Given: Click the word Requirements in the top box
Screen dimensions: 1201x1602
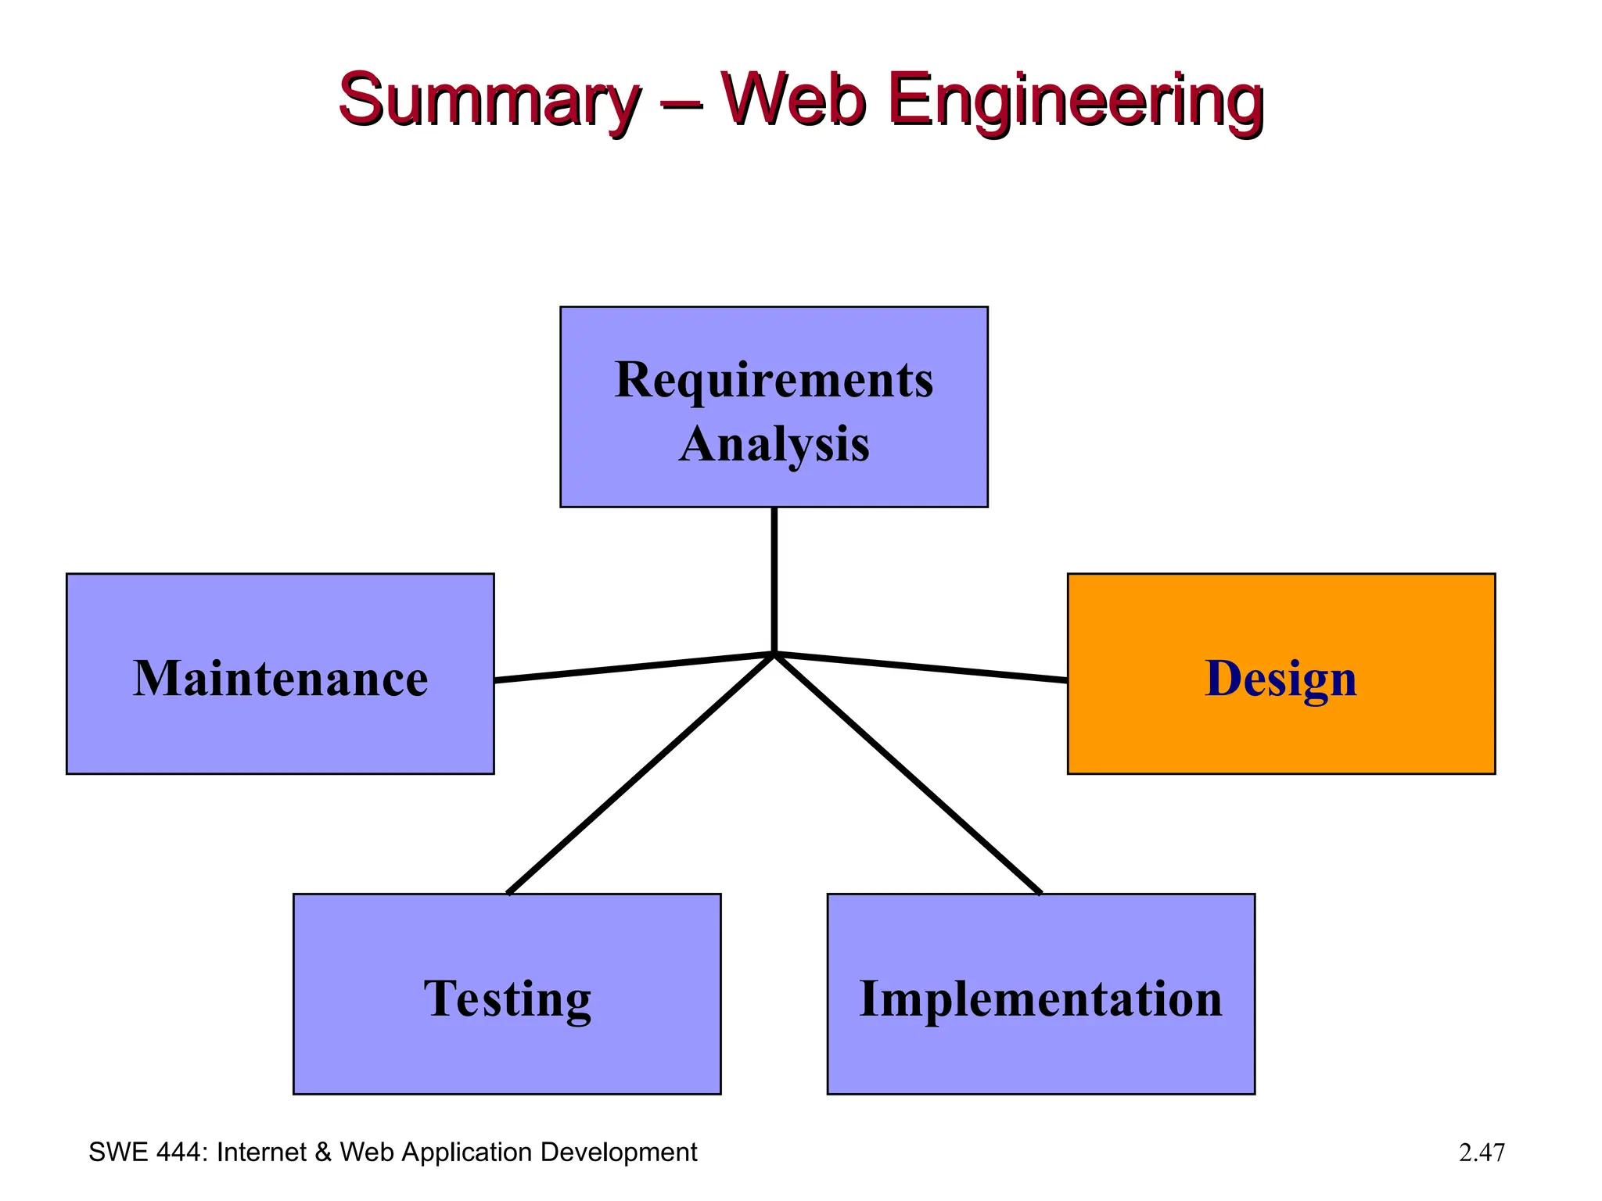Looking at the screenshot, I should (774, 380).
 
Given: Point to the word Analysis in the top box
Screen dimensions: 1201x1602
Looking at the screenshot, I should (774, 444).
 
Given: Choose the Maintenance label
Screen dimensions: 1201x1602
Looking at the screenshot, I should (280, 678).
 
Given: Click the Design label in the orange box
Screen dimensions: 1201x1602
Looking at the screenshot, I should (1281, 678).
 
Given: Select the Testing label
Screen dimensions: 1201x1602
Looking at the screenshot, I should (507, 998).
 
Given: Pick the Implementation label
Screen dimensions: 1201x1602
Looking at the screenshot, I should (1040, 998).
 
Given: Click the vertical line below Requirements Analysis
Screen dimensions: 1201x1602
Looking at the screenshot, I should (774, 579).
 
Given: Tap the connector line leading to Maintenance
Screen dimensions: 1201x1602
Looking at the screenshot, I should (634, 667).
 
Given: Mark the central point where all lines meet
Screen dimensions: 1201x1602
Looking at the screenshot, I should (774, 653).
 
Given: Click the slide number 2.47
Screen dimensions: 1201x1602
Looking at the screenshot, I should (1481, 1153).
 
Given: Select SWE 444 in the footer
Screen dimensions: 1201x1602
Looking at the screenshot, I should (146, 1153).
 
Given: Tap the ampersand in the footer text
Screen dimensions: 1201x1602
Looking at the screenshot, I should (322, 1153).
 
